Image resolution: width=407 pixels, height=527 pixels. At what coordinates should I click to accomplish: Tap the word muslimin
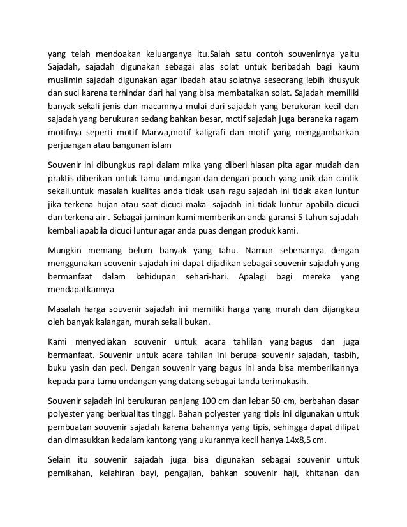coord(69,80)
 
